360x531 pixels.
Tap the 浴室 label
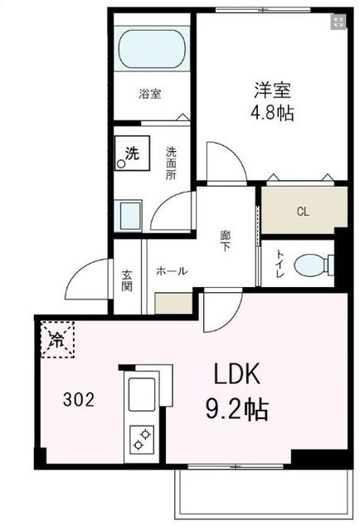(149, 95)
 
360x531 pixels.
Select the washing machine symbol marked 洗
(131, 153)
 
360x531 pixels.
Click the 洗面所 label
(171, 163)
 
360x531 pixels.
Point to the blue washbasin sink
(129, 217)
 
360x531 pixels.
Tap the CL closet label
(303, 212)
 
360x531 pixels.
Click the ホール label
(172, 271)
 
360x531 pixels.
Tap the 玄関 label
(128, 281)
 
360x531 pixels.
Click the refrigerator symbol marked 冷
(57, 339)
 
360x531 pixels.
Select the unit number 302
(79, 399)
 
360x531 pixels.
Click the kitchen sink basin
(141, 392)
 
